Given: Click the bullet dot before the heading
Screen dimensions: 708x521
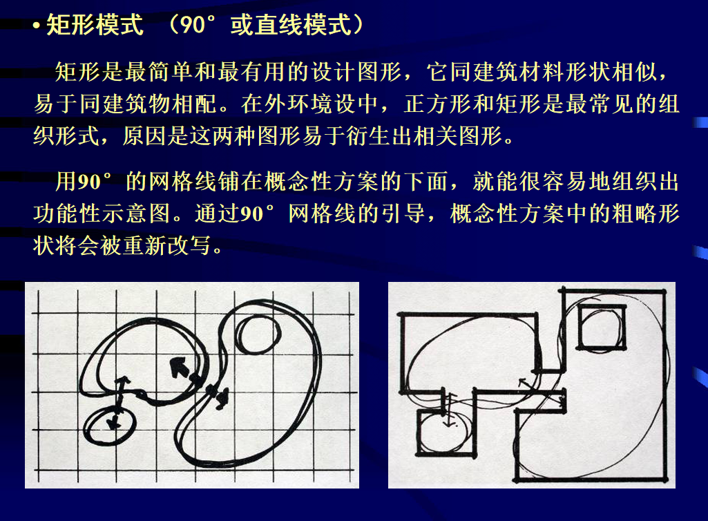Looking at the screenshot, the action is click(x=36, y=26).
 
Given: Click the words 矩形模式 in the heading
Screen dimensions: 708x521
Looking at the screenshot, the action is click(x=95, y=24).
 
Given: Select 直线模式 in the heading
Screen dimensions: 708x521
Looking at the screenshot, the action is click(x=291, y=24).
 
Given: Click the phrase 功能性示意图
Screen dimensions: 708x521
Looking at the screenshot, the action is click(x=102, y=214).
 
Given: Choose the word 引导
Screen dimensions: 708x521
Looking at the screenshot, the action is click(x=403, y=214).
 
